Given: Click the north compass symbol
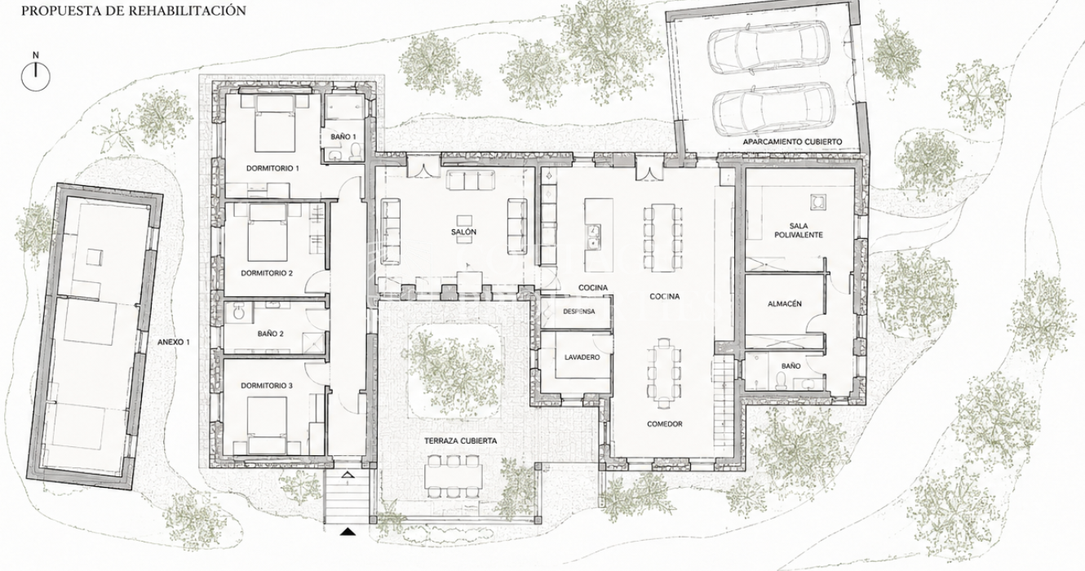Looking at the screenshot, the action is pos(35,77).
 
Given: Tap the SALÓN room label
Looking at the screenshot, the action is pos(463,232).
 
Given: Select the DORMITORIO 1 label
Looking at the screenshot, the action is pos(272,169).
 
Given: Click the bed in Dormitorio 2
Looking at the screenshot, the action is pos(268,233).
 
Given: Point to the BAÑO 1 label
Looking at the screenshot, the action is pos(343,137).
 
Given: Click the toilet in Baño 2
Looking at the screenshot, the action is pos(237,312).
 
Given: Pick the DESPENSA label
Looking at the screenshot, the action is pos(579,312).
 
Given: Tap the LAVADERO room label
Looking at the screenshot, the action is pos(582,357).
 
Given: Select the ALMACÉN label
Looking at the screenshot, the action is pos(785,303).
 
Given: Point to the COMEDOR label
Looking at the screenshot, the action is pos(665,424).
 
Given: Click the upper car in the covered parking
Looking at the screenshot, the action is pos(769,48).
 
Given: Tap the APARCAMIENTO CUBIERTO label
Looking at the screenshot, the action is pos(792,142).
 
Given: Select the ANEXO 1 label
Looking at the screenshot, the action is pos(174,342).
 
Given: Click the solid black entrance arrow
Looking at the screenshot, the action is pos(348,532).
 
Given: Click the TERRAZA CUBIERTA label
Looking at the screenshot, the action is pos(461,441).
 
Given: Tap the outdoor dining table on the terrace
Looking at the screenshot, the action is pos(454,476).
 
